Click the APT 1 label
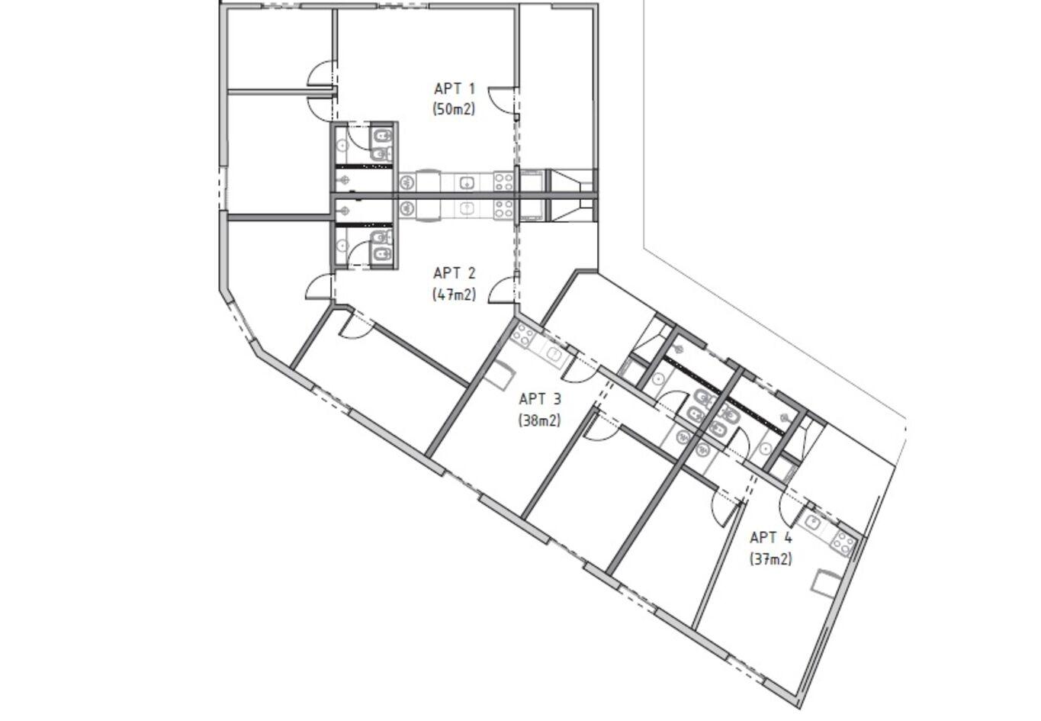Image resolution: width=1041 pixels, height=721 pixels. (x=454, y=89)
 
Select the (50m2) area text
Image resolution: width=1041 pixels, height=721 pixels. (x=454, y=110)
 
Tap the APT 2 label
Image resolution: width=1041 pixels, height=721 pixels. (x=454, y=273)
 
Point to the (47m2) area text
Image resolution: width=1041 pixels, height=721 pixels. (x=454, y=295)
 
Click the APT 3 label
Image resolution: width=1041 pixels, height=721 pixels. (x=539, y=399)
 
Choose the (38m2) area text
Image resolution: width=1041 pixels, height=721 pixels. (x=539, y=420)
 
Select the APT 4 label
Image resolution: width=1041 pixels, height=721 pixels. (x=770, y=537)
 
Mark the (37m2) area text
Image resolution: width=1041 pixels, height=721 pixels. (x=770, y=558)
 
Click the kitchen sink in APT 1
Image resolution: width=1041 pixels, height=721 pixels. (x=466, y=182)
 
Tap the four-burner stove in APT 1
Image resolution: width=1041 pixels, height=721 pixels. (x=503, y=182)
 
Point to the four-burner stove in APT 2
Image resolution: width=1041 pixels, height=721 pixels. (x=503, y=209)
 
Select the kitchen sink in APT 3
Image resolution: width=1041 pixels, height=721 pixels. (x=554, y=356)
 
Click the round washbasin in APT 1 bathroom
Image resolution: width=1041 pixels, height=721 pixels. (x=342, y=145)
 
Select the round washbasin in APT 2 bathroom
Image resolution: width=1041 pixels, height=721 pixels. (x=342, y=245)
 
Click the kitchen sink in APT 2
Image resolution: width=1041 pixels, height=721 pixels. (x=466, y=209)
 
